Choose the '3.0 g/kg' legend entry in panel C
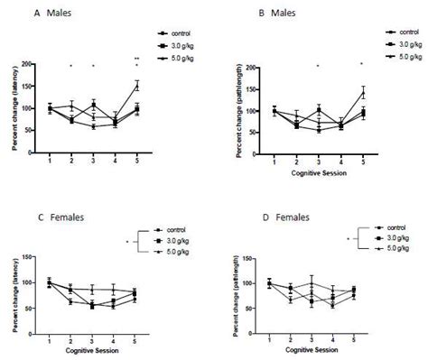pyautogui.click(x=181, y=241)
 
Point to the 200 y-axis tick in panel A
pyautogui.click(x=30, y=64)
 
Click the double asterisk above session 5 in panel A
pyautogui.click(x=137, y=58)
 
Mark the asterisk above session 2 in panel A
pyautogui.click(x=70, y=67)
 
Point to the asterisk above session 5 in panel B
pyautogui.click(x=362, y=64)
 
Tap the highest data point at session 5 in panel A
pyautogui.click(x=137, y=86)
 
